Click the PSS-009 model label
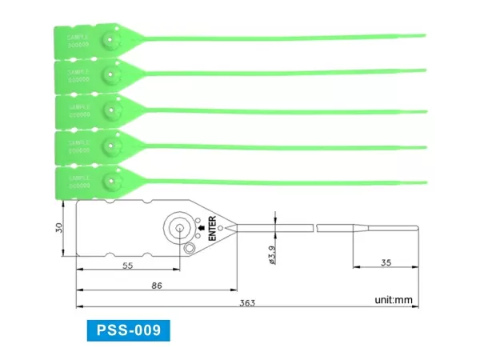coord(127,330)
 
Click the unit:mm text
coord(393,301)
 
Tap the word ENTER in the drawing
coord(212,228)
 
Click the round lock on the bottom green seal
coord(110,182)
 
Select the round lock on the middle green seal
coord(110,110)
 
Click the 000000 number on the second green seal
coord(78,80)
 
